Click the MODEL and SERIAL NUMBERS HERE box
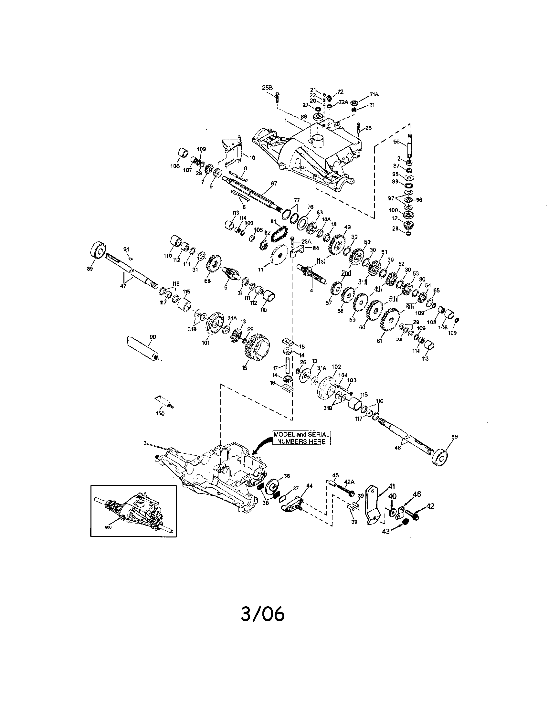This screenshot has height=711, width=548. pos(301,438)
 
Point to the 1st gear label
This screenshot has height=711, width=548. pos(321,260)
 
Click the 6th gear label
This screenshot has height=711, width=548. pos(410,307)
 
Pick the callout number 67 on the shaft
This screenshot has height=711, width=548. pos(274,184)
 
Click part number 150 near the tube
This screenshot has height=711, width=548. pos(160,413)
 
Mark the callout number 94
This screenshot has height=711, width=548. pos(126,249)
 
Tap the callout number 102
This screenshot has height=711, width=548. pos(336,366)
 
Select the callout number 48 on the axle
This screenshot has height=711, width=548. pos(397,448)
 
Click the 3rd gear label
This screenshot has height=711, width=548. pos(362,281)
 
